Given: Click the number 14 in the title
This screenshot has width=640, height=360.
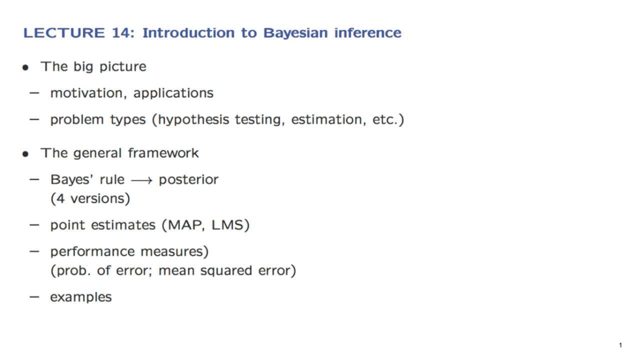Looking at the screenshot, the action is pos(121,32).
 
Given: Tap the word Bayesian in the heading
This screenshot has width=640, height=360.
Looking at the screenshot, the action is pos(295,32).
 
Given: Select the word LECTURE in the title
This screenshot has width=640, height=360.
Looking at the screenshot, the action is pos(64,32).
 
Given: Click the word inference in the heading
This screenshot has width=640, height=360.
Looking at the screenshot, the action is pos(367,32).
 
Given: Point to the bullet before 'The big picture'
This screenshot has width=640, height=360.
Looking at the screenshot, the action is pos(26,67).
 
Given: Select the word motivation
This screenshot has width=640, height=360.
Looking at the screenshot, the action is pos(86,93).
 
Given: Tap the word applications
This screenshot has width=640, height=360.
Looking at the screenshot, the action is pos(174,94).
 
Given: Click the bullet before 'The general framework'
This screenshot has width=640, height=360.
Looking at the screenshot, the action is pos(26,154).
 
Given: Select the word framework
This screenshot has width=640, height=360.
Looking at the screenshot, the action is pos(163,153).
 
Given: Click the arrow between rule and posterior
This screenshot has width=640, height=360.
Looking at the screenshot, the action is pos(142,181).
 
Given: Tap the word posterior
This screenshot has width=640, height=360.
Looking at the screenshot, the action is pos(189,180).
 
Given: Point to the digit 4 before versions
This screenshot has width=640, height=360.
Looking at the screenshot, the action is pos(61,199).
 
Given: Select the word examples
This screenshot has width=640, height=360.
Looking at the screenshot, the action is pos(81,297).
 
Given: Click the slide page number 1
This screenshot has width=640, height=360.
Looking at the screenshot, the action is pos(621,345).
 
